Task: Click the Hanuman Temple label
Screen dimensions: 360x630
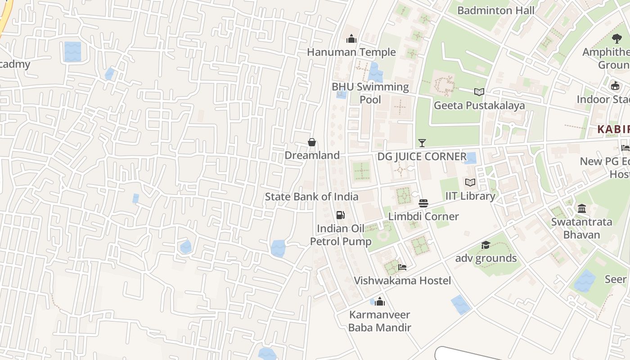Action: coord(351,52)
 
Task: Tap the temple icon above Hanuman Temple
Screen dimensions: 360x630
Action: coord(351,39)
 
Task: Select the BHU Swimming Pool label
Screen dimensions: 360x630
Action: coord(370,93)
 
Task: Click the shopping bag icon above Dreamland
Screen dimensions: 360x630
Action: coord(312,142)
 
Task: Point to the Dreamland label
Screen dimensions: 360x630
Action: coord(312,155)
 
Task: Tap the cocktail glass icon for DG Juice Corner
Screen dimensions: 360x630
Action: coord(422,143)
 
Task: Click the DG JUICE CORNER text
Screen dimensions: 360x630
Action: coord(422,157)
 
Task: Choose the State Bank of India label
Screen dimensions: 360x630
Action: coord(311,197)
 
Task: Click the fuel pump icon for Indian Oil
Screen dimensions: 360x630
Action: coord(341,215)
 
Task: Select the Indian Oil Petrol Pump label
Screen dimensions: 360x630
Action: coord(341,235)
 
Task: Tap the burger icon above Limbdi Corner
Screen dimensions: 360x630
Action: coord(423,203)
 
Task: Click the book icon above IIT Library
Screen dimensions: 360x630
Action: coord(470,183)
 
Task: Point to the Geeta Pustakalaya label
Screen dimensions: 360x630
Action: coord(479,106)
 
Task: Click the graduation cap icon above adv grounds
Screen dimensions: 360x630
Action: coord(486,245)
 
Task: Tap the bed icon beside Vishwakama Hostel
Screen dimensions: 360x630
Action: coord(402,267)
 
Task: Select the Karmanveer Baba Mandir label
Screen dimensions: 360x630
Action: coord(380,321)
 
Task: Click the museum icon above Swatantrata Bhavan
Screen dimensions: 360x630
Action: coord(582,209)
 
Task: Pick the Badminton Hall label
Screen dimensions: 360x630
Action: coord(496,10)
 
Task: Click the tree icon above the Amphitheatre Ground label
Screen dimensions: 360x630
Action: coord(616,39)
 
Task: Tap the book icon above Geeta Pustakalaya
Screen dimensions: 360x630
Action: coord(479,92)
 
